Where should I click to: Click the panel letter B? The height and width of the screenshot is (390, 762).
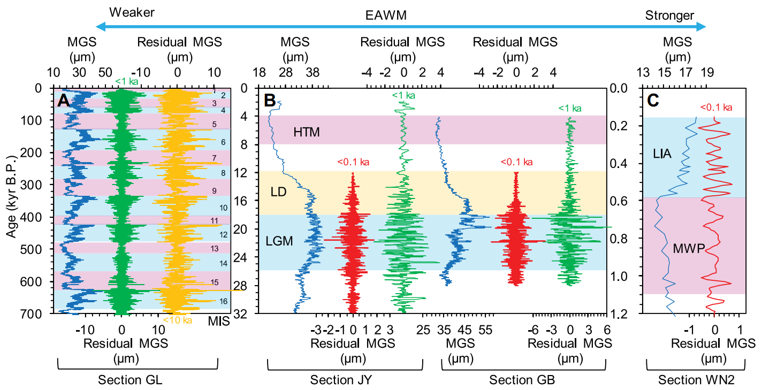click(270, 100)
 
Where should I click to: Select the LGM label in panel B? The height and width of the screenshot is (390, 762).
click(279, 241)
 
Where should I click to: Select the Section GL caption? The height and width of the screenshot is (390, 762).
click(129, 380)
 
